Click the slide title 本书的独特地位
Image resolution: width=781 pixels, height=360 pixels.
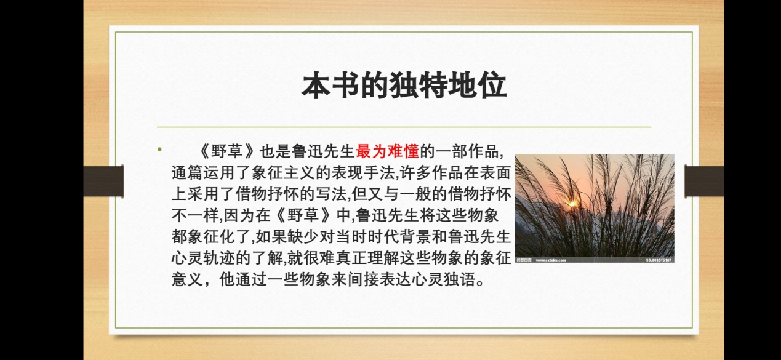click(404, 86)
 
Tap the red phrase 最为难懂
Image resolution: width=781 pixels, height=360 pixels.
click(387, 151)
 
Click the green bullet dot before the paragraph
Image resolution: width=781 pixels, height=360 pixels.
click(159, 150)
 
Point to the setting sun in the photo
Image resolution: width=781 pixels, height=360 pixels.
click(572, 204)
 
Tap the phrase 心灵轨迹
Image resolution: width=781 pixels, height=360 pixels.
click(203, 258)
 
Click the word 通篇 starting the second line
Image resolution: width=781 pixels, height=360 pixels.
click(187, 173)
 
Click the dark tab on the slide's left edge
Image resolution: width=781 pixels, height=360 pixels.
click(103, 181)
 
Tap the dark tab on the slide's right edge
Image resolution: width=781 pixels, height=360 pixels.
click(704, 181)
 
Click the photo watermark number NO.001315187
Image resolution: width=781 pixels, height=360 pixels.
click(659, 260)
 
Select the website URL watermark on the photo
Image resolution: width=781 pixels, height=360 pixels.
click(551, 260)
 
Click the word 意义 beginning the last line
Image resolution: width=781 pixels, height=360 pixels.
click(187, 279)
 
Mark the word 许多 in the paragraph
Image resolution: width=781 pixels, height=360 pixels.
click(415, 173)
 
